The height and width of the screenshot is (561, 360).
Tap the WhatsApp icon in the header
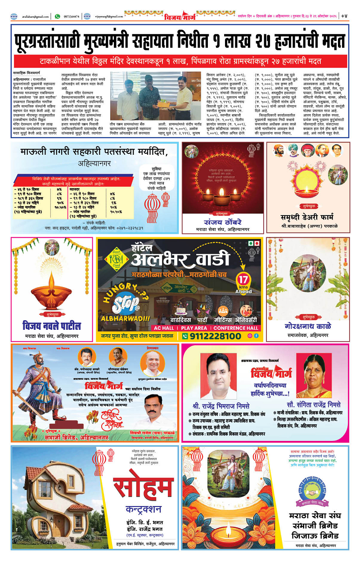tap(57, 16)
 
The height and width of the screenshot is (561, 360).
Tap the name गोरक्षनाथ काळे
tap(308, 326)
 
